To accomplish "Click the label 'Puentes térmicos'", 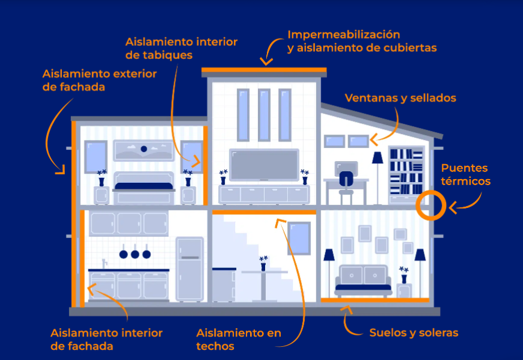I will (465, 174).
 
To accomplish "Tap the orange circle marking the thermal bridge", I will (430, 204).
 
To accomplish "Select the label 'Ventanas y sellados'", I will (400, 98).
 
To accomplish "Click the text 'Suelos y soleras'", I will (414, 332).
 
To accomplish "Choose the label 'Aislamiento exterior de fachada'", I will (99, 80).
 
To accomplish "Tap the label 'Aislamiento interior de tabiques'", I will (181, 48).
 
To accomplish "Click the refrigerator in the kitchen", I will (189, 269).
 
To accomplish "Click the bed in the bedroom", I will (143, 192).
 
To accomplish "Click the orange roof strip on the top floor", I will (264, 71).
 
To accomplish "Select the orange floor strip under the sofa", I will (375, 299).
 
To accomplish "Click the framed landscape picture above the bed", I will (143, 150).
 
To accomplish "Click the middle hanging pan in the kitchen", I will (135, 253).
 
